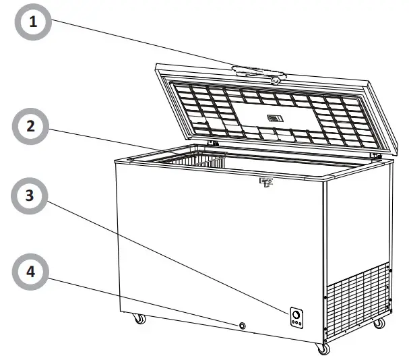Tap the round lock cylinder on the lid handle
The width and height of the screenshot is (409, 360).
point(276,80)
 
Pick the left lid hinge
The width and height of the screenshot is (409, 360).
point(214,143)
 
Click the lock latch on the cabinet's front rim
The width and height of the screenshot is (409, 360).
point(266,182)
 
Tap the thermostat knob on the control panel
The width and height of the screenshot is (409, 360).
point(296,313)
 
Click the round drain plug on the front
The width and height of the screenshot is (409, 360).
point(241,326)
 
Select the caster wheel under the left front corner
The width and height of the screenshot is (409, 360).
point(139,319)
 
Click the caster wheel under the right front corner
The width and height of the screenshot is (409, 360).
point(324,349)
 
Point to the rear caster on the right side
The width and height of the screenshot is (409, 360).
point(379,324)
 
